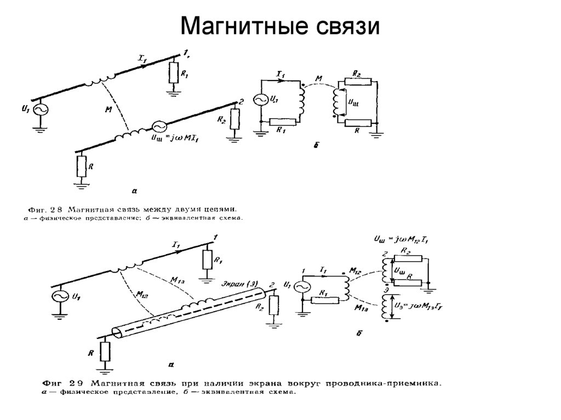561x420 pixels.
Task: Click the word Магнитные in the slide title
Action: pyautogui.click(x=241, y=26)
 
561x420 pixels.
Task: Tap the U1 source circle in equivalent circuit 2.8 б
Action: pyautogui.click(x=261, y=100)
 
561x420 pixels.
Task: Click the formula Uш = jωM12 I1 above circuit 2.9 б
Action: pyautogui.click(x=400, y=240)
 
